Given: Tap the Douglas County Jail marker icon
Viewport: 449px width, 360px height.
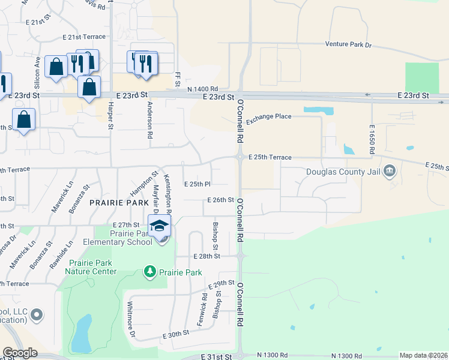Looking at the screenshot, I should [x=390, y=172].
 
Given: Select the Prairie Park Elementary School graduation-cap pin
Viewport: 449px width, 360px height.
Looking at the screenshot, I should [x=160, y=226].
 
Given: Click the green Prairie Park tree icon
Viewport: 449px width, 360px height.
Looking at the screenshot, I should [x=149, y=272].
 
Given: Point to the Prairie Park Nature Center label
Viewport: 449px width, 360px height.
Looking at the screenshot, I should [x=92, y=267].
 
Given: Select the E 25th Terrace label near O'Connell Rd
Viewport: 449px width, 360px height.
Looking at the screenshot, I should [x=270, y=157].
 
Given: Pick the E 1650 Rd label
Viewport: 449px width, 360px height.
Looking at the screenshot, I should [x=372, y=140].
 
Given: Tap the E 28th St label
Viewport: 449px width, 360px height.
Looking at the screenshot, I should [x=207, y=256].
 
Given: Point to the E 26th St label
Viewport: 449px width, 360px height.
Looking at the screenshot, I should [x=220, y=200].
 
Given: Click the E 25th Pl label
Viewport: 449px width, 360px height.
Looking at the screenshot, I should [x=197, y=184].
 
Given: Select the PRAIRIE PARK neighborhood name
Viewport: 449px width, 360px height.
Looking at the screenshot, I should [x=115, y=203].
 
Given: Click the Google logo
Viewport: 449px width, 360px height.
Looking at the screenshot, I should [x=20, y=353].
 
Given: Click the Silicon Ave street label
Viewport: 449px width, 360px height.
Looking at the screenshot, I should [x=37, y=70].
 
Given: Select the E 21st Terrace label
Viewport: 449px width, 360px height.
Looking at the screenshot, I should [x=84, y=37].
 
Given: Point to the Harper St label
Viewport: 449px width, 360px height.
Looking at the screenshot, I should [x=110, y=116].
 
